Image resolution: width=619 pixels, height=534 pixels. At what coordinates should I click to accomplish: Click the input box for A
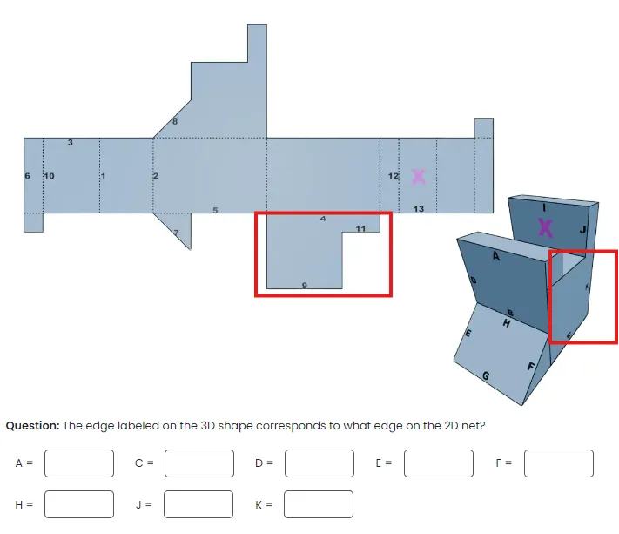point(79,463)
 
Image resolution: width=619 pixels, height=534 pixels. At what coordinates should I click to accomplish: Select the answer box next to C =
point(198,463)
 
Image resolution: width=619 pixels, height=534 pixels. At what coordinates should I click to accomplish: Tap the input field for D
point(319,463)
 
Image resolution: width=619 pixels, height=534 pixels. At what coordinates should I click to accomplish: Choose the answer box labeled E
point(439,463)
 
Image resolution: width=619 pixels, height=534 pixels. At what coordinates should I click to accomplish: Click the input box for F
point(558,463)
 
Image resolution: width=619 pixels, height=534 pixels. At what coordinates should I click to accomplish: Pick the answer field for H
point(79,504)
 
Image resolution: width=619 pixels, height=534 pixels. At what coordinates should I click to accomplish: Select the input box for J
point(198,504)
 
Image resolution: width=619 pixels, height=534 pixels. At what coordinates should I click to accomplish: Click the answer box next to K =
point(319,504)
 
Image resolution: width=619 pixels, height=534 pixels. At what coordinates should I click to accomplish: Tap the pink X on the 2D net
point(419,176)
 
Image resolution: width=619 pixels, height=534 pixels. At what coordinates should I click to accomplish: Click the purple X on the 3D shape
point(545,227)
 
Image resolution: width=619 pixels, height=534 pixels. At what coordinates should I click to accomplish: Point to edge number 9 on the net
point(304,285)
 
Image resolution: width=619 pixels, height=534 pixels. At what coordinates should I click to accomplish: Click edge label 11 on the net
point(360,228)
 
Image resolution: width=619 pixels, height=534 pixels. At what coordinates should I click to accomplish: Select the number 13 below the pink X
point(419,209)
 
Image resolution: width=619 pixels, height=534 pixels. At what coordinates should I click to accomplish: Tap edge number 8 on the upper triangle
point(174,122)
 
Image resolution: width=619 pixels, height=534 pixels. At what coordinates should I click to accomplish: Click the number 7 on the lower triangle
point(175,233)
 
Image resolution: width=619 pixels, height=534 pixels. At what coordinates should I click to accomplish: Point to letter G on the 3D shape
point(486,376)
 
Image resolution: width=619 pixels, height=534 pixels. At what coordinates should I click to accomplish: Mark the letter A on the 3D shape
point(496,256)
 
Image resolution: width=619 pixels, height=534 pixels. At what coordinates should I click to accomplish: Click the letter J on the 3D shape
point(584,229)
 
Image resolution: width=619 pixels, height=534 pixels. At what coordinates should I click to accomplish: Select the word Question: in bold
point(32,426)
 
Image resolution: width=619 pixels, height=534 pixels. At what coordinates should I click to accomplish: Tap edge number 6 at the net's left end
point(27,176)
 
